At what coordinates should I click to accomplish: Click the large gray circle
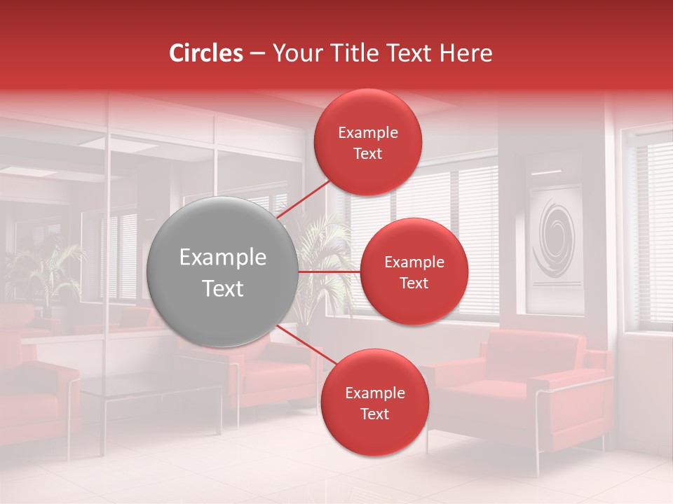(x=223, y=272)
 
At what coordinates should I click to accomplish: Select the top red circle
(x=367, y=142)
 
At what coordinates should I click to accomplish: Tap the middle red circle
(x=414, y=272)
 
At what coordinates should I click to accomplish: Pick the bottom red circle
(x=374, y=402)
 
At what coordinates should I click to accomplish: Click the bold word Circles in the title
(x=206, y=53)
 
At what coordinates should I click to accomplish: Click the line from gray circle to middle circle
(x=329, y=271)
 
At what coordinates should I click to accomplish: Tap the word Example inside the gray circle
(x=223, y=258)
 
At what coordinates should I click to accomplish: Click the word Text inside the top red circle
(x=367, y=153)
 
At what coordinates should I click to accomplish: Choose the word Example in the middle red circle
(x=414, y=262)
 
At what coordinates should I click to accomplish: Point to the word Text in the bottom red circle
(x=374, y=414)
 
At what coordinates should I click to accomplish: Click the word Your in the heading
(x=297, y=53)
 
